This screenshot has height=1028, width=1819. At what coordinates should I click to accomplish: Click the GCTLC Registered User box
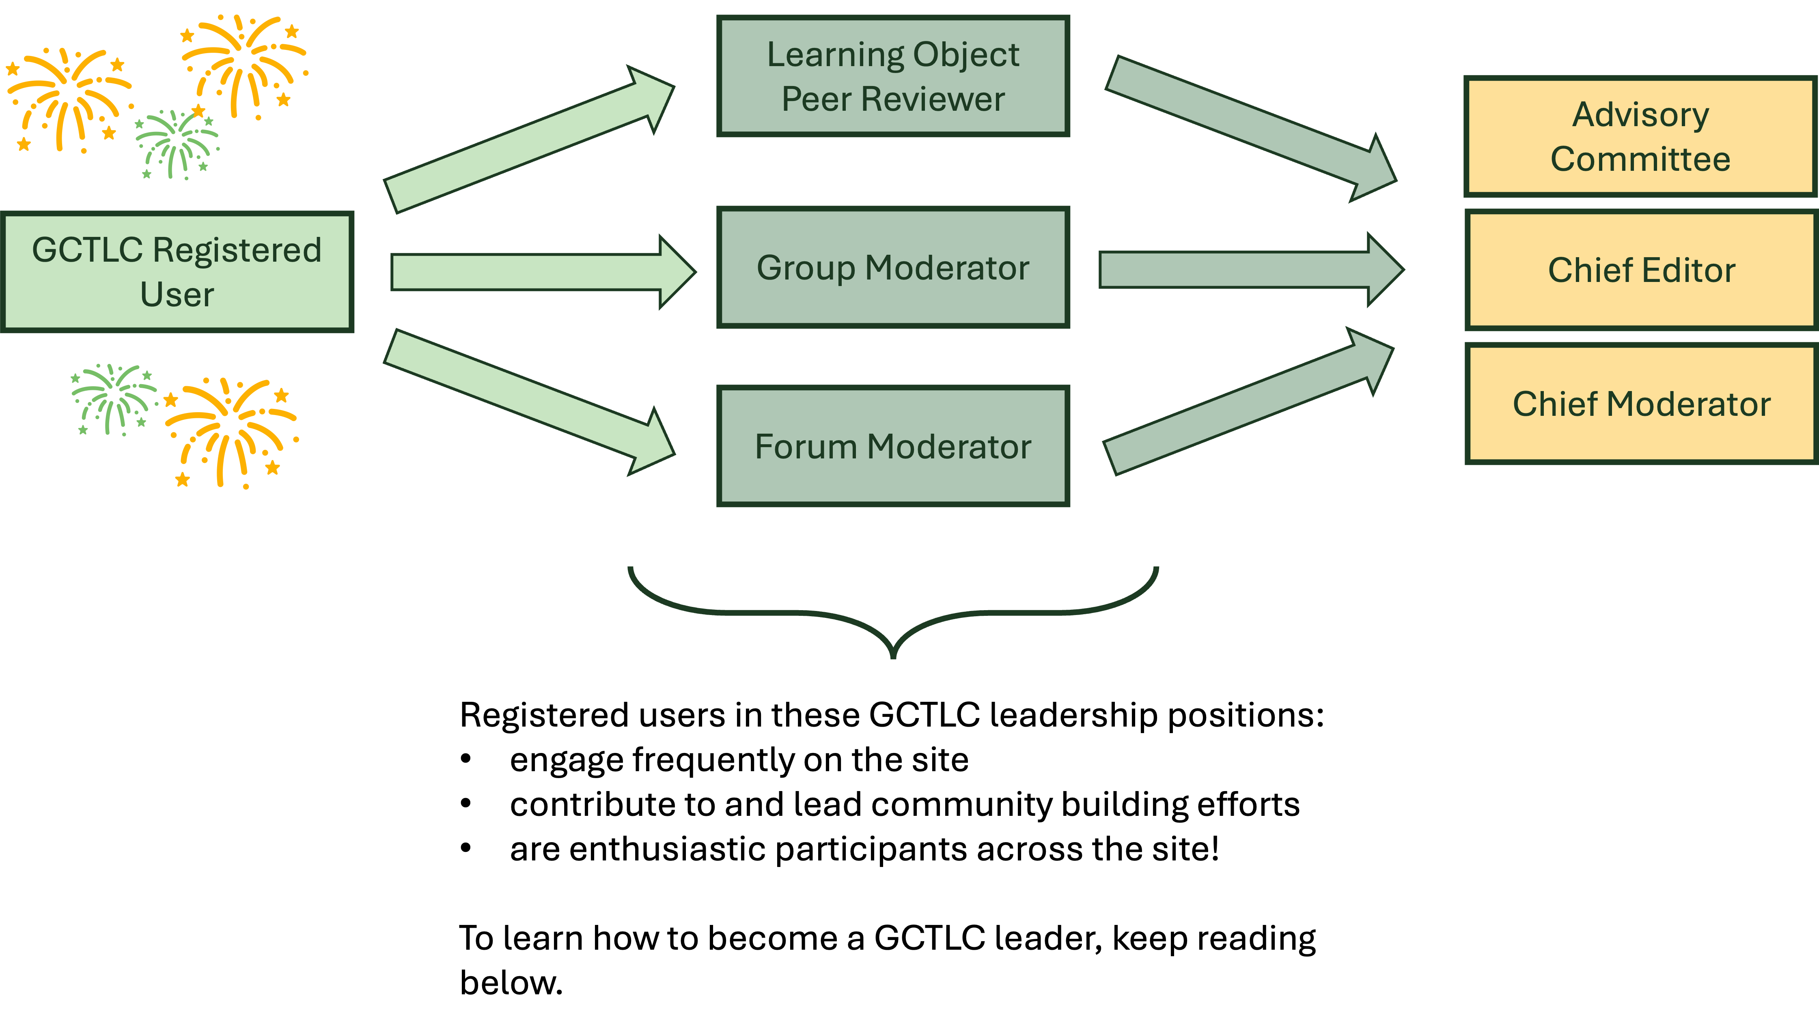(177, 272)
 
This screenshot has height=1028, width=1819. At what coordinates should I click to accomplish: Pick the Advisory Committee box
(1640, 136)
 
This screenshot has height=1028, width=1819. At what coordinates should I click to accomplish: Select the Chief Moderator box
(1640, 404)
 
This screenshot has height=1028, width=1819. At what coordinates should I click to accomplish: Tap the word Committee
(1640, 159)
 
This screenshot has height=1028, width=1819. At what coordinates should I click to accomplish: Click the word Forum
(805, 446)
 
